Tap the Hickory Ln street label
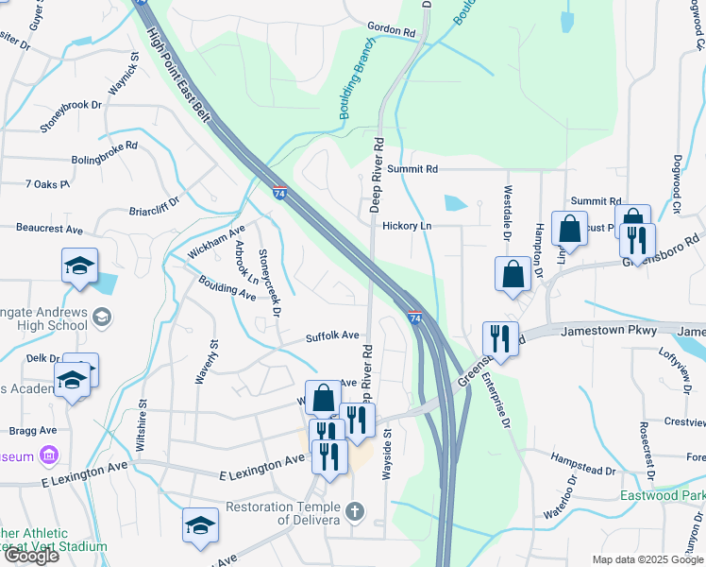point(407,227)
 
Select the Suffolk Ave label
point(332,335)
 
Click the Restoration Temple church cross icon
point(355,513)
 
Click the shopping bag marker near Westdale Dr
point(512,274)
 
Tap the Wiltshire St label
point(143,422)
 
